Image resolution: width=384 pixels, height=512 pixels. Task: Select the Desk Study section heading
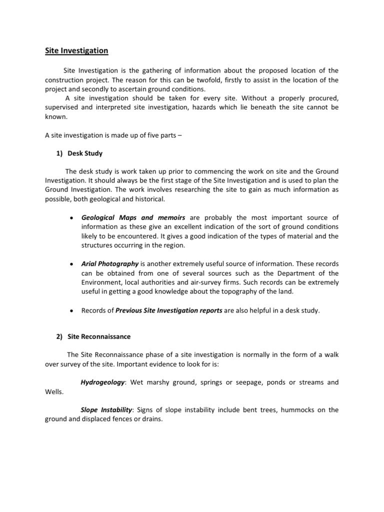point(85,153)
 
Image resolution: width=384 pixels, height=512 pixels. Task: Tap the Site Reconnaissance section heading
point(99,337)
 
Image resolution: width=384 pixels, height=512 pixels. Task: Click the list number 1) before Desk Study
point(60,153)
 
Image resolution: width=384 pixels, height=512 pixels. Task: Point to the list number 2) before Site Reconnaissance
point(60,337)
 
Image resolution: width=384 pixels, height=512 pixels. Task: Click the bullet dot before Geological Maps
point(72,218)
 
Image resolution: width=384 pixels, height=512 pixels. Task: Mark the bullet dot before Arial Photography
point(72,264)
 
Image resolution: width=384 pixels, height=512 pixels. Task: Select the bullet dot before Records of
point(72,310)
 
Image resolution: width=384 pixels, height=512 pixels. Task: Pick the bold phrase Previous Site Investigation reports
point(169,310)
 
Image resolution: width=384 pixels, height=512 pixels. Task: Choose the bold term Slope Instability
point(106,410)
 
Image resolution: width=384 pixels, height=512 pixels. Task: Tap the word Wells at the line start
point(53,392)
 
